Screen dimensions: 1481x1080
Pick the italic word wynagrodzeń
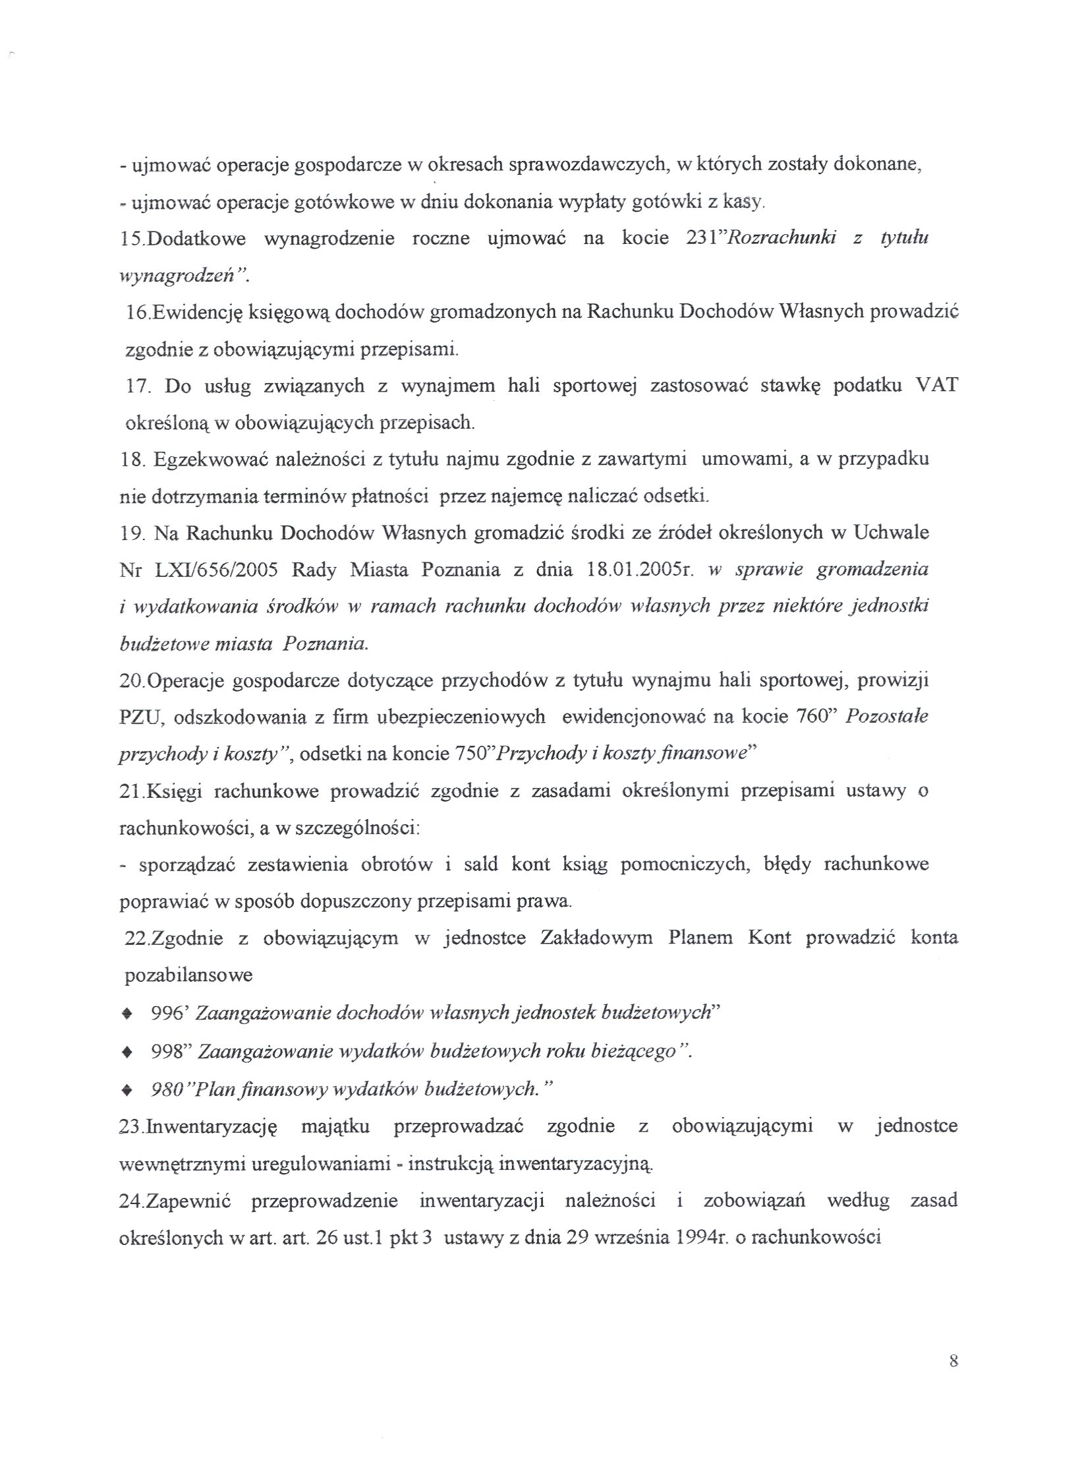pyautogui.click(x=177, y=276)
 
